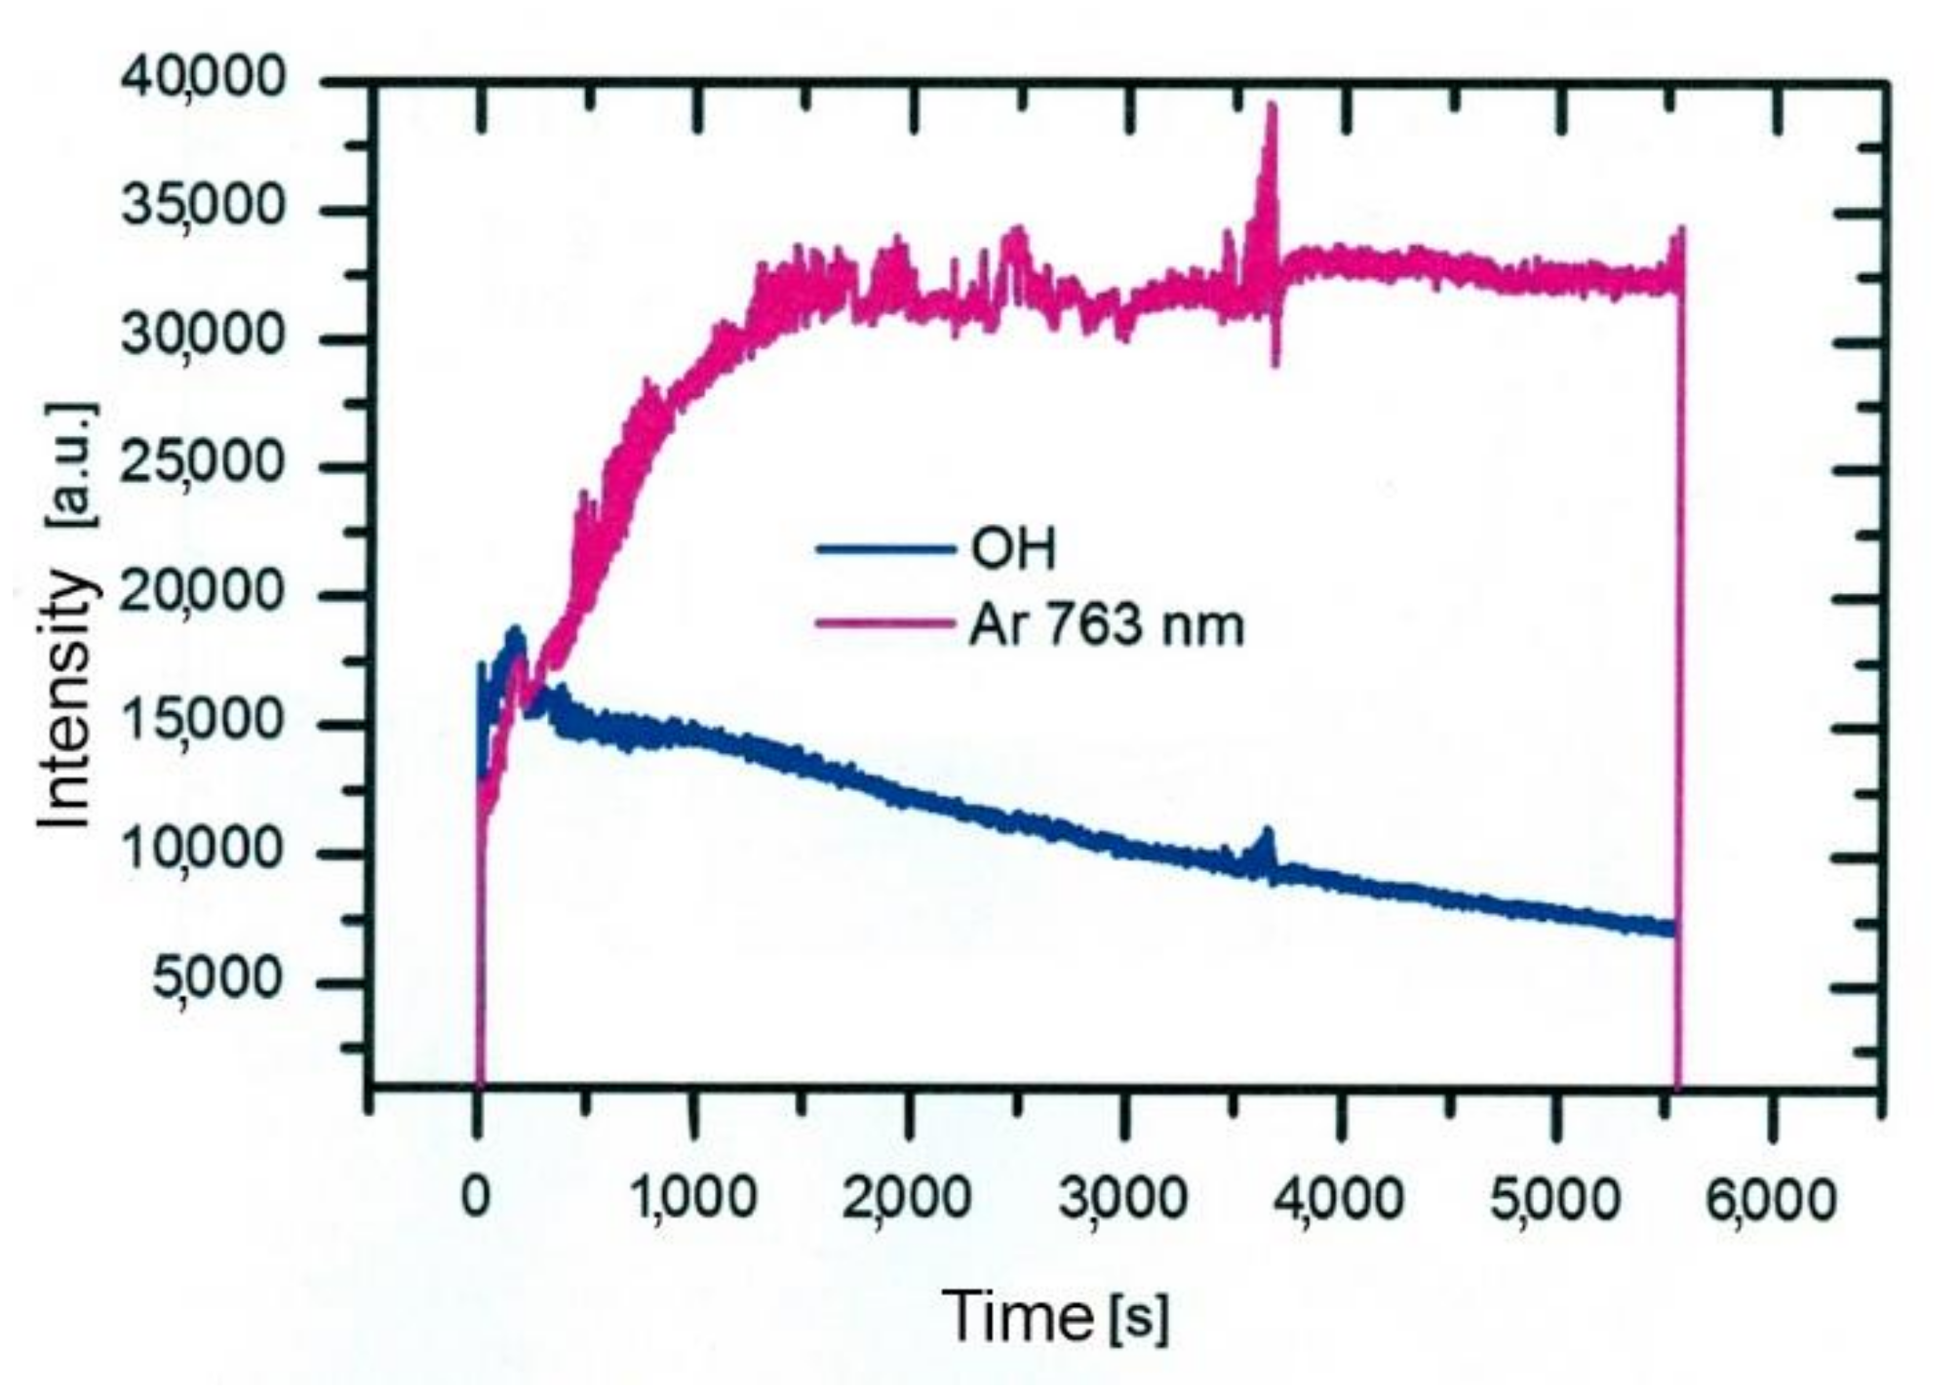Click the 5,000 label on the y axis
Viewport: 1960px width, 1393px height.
[216, 979]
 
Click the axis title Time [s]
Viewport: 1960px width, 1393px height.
[1057, 1317]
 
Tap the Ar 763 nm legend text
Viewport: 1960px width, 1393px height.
[1108, 625]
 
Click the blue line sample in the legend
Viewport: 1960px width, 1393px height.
[885, 550]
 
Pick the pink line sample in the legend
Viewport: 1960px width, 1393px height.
[885, 625]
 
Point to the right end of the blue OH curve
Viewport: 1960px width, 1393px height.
[1671, 929]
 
